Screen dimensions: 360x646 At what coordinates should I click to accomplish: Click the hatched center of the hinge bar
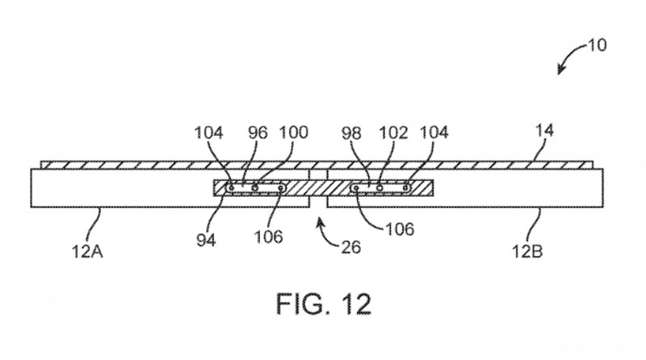tap(323, 188)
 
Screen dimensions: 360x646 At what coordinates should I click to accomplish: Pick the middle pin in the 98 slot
tap(380, 188)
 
